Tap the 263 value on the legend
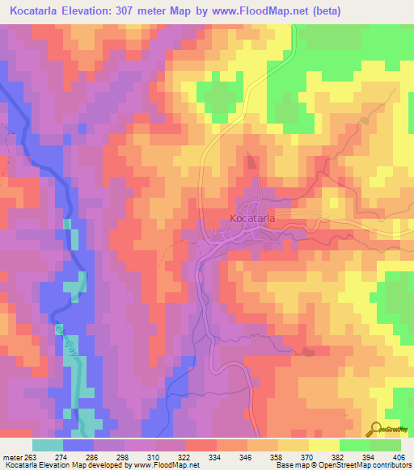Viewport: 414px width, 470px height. (x=30, y=455)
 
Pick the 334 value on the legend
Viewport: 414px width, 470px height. (x=216, y=455)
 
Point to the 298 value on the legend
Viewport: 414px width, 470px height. (x=124, y=455)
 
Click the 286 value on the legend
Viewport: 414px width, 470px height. (x=93, y=455)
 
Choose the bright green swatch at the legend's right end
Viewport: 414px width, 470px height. (x=386, y=445)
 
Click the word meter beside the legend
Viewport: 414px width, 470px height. (x=11, y=455)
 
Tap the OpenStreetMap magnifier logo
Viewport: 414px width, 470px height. (x=376, y=429)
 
